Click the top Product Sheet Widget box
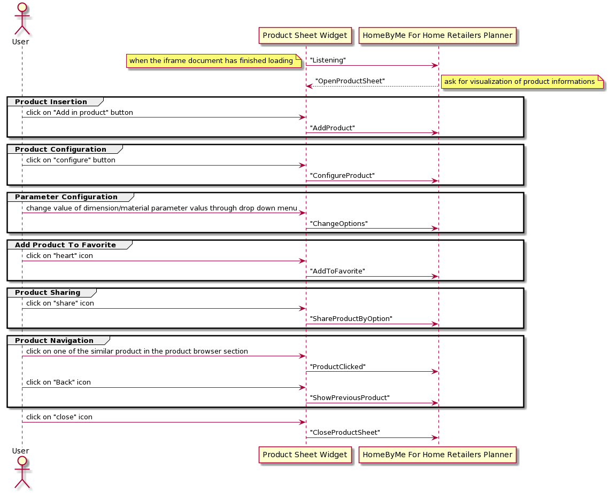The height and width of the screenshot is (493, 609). point(305,36)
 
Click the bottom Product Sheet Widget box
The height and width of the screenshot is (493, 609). point(305,455)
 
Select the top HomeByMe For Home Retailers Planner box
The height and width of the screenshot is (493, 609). point(437,36)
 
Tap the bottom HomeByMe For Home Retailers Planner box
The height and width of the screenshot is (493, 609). point(437,455)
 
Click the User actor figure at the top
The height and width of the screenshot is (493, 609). point(21,19)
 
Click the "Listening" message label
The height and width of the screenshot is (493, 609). point(328,60)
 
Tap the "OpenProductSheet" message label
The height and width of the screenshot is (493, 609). point(350,81)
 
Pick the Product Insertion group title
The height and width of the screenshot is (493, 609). point(51,102)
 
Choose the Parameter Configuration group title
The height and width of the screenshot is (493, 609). point(66,197)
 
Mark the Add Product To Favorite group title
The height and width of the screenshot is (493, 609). point(65,245)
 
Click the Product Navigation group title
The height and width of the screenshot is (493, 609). point(54,341)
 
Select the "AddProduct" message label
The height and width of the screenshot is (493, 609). point(332,128)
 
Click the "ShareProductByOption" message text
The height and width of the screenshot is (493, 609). point(351,319)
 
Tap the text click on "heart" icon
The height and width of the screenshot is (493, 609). point(59,256)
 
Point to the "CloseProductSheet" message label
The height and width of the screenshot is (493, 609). point(345,433)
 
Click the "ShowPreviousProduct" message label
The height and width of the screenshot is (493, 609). point(350,398)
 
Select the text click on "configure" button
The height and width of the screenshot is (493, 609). point(71,160)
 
